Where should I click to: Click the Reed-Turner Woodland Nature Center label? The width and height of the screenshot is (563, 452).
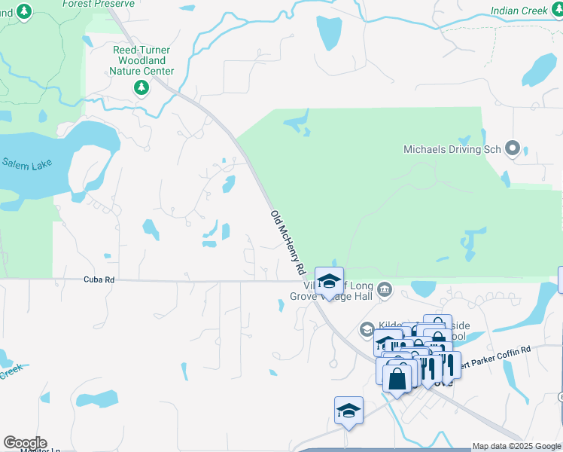[x=142, y=60]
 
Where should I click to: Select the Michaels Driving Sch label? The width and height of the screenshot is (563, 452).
[x=452, y=149]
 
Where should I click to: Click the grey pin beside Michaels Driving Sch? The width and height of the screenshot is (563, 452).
[x=513, y=148]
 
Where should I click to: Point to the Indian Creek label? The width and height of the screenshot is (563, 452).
[x=519, y=11]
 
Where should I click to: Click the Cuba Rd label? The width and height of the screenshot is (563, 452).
[x=99, y=279]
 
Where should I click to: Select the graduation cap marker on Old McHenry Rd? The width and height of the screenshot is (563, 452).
[x=329, y=282]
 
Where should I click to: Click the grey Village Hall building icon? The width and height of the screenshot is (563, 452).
[x=385, y=290]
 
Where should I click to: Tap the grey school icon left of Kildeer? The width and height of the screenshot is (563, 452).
[x=367, y=328]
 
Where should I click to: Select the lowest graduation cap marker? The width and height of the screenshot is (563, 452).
[x=348, y=411]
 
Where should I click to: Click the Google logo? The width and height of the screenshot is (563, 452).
[x=25, y=443]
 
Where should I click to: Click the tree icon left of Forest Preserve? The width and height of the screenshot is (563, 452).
[x=25, y=11]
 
